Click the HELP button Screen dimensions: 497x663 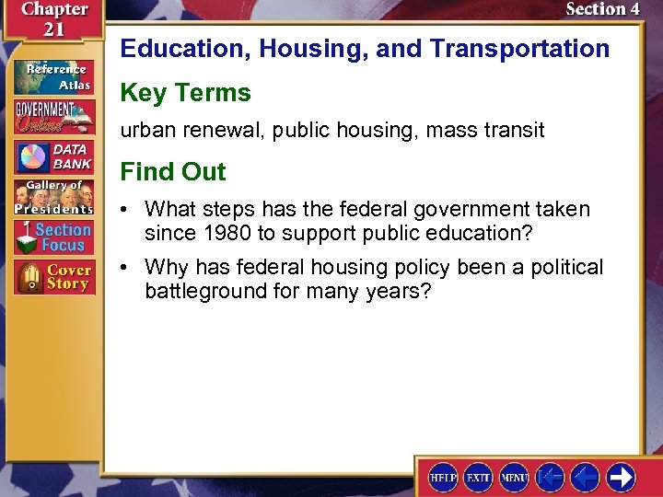pos(444,477)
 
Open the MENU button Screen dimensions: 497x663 pos(514,477)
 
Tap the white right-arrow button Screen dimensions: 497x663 pos(621,477)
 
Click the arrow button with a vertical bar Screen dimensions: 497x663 pos(550,477)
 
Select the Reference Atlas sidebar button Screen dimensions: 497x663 pos(53,76)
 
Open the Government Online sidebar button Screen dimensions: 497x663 pos(53,116)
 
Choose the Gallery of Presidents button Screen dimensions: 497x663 pos(53,197)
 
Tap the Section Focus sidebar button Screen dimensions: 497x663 pos(53,237)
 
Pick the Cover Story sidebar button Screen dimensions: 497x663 pos(53,278)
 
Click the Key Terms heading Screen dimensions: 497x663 pos(185,93)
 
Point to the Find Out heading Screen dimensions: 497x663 pos(173,172)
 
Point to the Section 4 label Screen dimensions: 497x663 pos(602,10)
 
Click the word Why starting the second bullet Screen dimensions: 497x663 pos(166,268)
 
